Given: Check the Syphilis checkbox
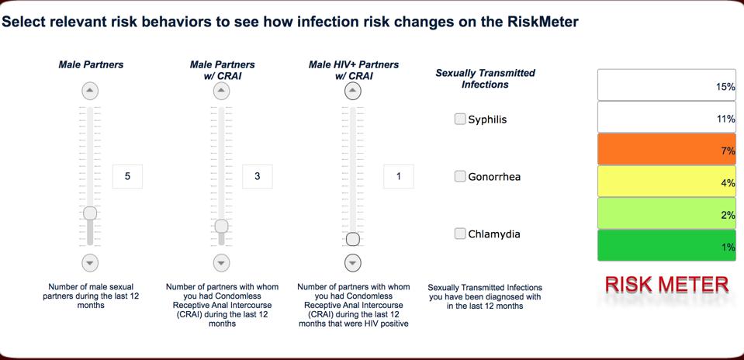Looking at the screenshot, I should [460, 119].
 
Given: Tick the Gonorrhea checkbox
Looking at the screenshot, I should [460, 176].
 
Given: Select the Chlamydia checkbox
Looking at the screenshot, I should [460, 234].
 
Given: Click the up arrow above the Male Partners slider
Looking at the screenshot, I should [90, 92].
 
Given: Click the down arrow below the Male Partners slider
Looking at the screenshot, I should [90, 262].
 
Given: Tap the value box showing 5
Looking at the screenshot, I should [127, 176].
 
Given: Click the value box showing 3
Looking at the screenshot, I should [257, 176].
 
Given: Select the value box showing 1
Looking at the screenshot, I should [398, 176].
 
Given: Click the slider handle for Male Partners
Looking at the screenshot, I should [90, 213].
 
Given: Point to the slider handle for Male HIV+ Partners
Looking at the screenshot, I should [353, 239].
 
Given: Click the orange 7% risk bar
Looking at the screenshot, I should [666, 150].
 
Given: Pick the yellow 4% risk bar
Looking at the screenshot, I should [666, 182].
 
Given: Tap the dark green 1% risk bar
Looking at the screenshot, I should [666, 245].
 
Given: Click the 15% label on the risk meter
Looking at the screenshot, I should [725, 87].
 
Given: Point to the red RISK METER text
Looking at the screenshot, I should [666, 284].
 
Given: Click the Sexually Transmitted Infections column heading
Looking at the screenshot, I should [485, 78].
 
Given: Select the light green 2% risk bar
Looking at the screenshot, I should [666, 213].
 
